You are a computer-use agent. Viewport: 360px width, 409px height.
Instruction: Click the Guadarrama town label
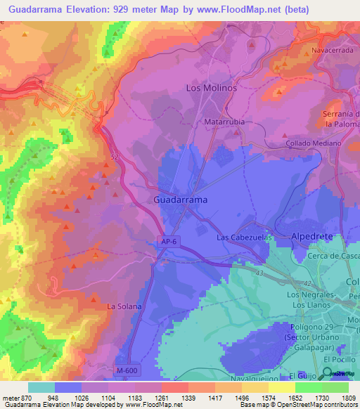(180, 200)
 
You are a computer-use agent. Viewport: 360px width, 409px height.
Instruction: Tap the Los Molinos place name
(211, 89)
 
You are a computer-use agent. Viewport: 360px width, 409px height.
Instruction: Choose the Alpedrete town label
(311, 238)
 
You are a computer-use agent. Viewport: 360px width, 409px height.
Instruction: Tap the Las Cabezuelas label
(244, 238)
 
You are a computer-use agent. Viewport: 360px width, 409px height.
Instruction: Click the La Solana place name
(124, 307)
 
